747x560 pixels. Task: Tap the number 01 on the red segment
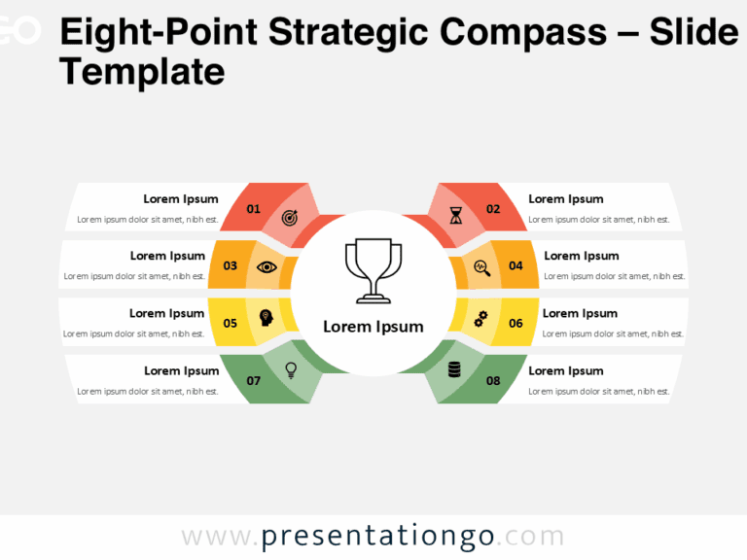254,209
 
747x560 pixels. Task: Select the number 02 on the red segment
493,209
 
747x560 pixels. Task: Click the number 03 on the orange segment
231,265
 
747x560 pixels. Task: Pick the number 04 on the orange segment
516,265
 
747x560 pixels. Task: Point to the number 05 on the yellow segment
231,323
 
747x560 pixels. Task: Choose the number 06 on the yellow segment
516,323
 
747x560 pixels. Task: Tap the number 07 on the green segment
254,380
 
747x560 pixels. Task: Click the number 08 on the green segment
493,380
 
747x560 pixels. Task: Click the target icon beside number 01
290,217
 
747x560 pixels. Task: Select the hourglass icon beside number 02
456,216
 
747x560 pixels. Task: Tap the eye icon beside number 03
266,266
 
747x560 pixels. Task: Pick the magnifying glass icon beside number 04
481,267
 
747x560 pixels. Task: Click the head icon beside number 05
266,318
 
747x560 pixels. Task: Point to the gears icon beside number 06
480,318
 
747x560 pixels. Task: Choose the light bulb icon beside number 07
290,369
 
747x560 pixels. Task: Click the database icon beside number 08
454,369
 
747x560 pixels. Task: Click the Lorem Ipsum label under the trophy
373,327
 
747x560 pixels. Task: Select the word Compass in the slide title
522,33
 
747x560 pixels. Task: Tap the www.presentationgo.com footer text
373,537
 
